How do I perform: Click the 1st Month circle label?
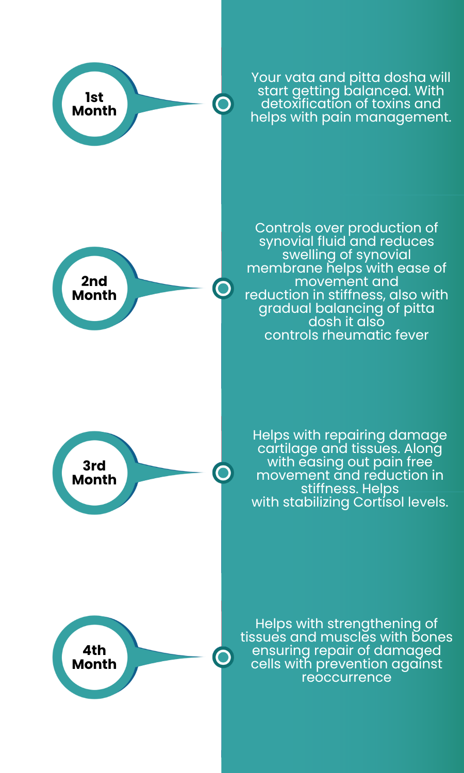[94, 104]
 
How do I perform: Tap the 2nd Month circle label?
[94, 289]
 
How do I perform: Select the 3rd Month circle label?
[94, 473]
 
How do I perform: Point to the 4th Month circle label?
[94, 658]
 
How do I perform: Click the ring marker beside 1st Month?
[223, 104]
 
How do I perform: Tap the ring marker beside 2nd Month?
[223, 289]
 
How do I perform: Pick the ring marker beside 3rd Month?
[223, 473]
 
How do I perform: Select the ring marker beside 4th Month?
[223, 657]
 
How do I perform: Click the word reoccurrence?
[346, 678]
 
